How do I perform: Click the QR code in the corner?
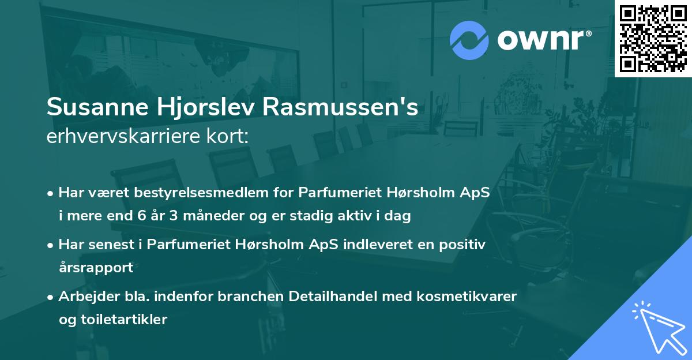click(653, 38)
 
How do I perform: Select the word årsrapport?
click(96, 268)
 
